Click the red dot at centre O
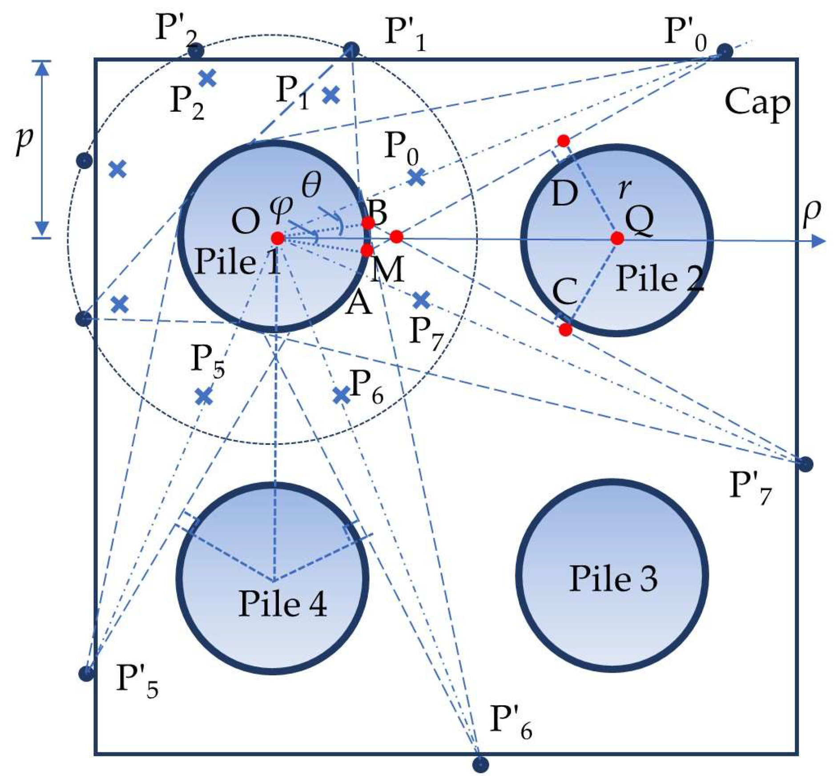pyautogui.click(x=277, y=238)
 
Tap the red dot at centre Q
pyautogui.click(x=617, y=238)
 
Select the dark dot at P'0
pyautogui.click(x=725, y=51)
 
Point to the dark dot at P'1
pyautogui.click(x=351, y=49)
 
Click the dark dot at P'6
pyautogui.click(x=480, y=764)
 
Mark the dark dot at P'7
pyautogui.click(x=806, y=464)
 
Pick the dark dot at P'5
pyautogui.click(x=86, y=673)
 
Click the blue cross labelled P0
pyautogui.click(x=416, y=178)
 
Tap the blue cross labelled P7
pyautogui.click(x=421, y=301)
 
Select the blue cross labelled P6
pyautogui.click(x=342, y=395)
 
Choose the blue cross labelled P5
pyautogui.click(x=204, y=396)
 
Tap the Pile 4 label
pyautogui.click(x=282, y=604)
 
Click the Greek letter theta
pyautogui.click(x=311, y=185)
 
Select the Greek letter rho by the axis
pyautogui.click(x=812, y=213)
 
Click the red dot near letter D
pyautogui.click(x=564, y=141)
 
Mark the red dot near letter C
pyautogui.click(x=565, y=330)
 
